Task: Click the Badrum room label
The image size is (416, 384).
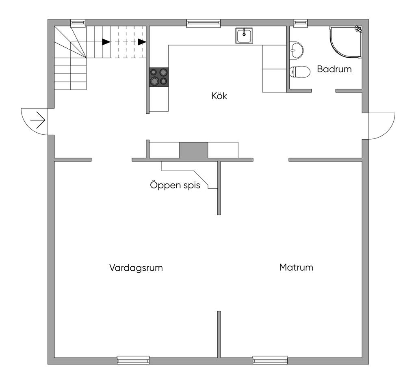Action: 334,69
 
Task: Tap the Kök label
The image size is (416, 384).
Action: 219,96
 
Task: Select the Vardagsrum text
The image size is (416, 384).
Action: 136,268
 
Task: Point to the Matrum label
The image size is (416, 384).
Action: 296,267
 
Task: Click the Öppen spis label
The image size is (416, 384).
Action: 175,185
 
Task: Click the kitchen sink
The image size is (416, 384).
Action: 244,35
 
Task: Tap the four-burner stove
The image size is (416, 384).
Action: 159,77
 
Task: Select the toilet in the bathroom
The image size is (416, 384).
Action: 300,71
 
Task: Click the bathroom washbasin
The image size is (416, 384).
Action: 296,50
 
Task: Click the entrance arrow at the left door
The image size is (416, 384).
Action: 38,120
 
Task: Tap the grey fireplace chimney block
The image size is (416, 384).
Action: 194,150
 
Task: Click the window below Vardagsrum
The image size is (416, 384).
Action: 133,360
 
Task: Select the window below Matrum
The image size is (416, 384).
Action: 270,360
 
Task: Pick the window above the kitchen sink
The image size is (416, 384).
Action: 204,23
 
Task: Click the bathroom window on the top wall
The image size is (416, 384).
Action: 301,23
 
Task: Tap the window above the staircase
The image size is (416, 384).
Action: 78,23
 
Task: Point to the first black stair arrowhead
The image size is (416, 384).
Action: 106,42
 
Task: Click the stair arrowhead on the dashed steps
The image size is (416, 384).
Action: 142,42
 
